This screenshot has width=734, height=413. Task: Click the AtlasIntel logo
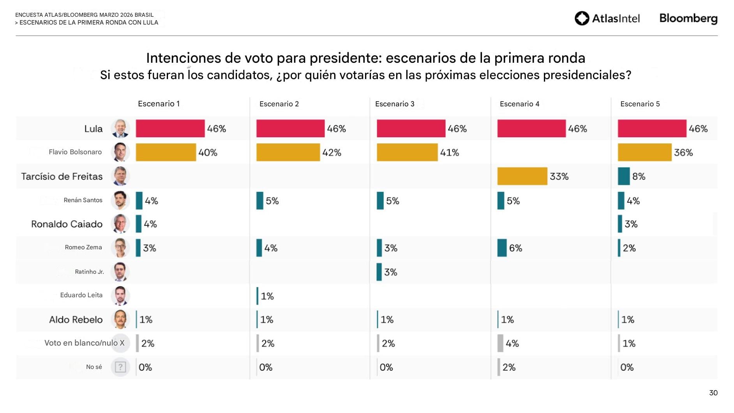[607, 18]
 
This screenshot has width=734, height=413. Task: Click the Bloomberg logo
[688, 18]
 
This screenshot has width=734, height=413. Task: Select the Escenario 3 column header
[395, 104]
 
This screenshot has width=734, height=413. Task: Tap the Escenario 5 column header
[640, 104]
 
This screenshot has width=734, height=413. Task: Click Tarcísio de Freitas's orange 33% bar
[522, 176]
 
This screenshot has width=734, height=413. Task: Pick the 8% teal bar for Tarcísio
[623, 176]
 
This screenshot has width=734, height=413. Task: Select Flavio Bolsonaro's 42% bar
[288, 152]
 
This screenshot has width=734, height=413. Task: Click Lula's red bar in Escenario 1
[170, 129]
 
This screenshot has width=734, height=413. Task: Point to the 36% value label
[683, 152]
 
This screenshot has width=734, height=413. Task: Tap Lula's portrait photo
[120, 129]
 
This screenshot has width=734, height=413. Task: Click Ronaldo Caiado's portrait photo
[120, 224]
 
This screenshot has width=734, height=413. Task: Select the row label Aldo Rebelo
[76, 319]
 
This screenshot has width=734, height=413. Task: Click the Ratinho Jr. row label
[89, 272]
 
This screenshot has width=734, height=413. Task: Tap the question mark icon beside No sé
[120, 367]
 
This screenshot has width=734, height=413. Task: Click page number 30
[713, 393]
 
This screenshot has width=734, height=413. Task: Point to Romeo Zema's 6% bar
[502, 248]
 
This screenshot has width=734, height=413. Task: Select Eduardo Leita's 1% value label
[267, 296]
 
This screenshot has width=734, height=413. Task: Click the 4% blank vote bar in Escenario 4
[500, 343]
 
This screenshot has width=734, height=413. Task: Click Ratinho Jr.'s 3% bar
[379, 272]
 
